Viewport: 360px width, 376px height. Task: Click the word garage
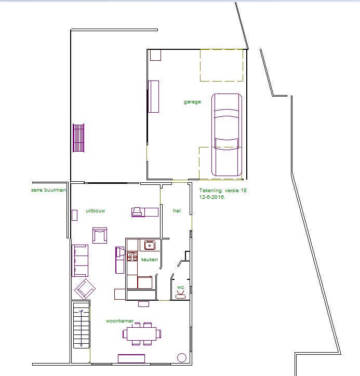tap(192, 102)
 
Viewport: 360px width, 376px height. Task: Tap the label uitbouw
tap(96, 211)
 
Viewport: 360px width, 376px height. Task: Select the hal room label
tap(177, 210)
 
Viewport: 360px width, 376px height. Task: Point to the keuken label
tap(150, 260)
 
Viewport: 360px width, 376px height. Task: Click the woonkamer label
tap(119, 321)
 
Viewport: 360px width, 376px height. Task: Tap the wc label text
tap(181, 287)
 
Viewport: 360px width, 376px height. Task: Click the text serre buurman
tap(48, 190)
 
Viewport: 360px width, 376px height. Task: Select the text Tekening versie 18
tap(223, 191)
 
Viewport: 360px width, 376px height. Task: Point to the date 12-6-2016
tap(212, 197)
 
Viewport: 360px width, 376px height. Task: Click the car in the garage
tap(226, 135)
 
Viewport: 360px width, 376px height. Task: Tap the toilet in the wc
tap(181, 294)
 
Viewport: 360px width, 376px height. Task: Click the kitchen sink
tap(150, 245)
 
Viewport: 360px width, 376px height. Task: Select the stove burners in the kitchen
tap(132, 257)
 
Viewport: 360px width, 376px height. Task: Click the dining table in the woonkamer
tap(141, 334)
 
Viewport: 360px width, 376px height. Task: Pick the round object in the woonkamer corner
tap(182, 357)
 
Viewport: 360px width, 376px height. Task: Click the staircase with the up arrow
tap(82, 325)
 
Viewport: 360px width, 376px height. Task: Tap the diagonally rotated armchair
tap(85, 289)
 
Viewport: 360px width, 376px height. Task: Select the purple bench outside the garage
tap(78, 138)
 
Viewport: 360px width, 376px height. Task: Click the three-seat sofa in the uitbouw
tap(80, 261)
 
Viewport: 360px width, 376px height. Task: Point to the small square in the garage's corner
tap(155, 55)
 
